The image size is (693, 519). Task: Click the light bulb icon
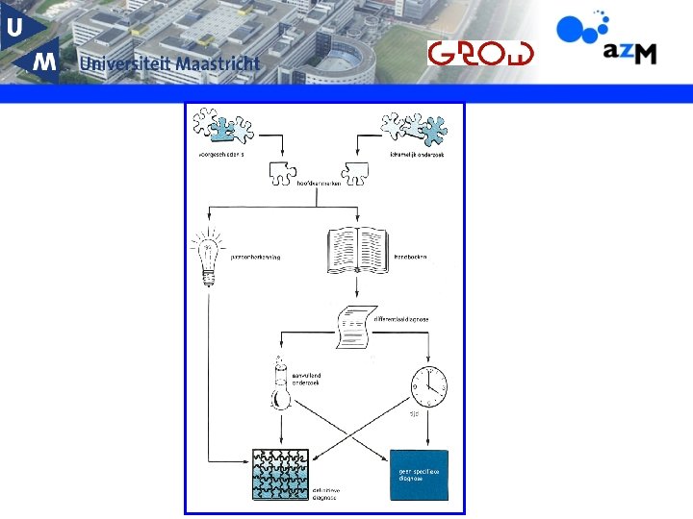coord(206,255)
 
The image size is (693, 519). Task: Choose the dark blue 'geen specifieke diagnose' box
coord(419,475)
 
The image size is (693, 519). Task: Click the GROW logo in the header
coord(480,52)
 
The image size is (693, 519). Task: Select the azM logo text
coord(630,53)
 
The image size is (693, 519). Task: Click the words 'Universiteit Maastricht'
coord(170,63)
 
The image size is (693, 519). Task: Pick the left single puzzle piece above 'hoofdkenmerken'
coord(283,172)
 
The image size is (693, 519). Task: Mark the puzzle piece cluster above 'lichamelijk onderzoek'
coord(414,126)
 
